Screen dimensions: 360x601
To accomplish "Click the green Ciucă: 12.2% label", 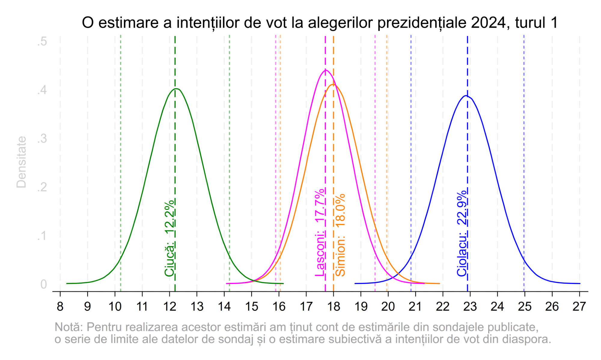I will tap(169, 238).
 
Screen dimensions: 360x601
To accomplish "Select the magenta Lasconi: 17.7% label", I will tap(320, 232).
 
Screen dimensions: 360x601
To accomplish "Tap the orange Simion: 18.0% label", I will tap(340, 235).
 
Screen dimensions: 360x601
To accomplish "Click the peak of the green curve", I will tap(177, 89).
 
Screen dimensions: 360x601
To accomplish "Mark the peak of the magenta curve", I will tap(325, 70).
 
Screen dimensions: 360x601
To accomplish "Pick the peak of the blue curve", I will tap(466, 96).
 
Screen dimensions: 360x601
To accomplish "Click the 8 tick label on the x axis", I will tap(60, 307).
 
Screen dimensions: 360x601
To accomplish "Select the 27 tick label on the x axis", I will tap(579, 307).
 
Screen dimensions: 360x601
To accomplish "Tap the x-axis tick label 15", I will tap(252, 307).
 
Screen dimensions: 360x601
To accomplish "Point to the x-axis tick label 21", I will tap(415, 307).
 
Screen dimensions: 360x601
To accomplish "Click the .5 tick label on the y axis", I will tap(42, 41).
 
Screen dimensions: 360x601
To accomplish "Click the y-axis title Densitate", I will tap(21, 162).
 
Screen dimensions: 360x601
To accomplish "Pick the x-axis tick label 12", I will tap(169, 307).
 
